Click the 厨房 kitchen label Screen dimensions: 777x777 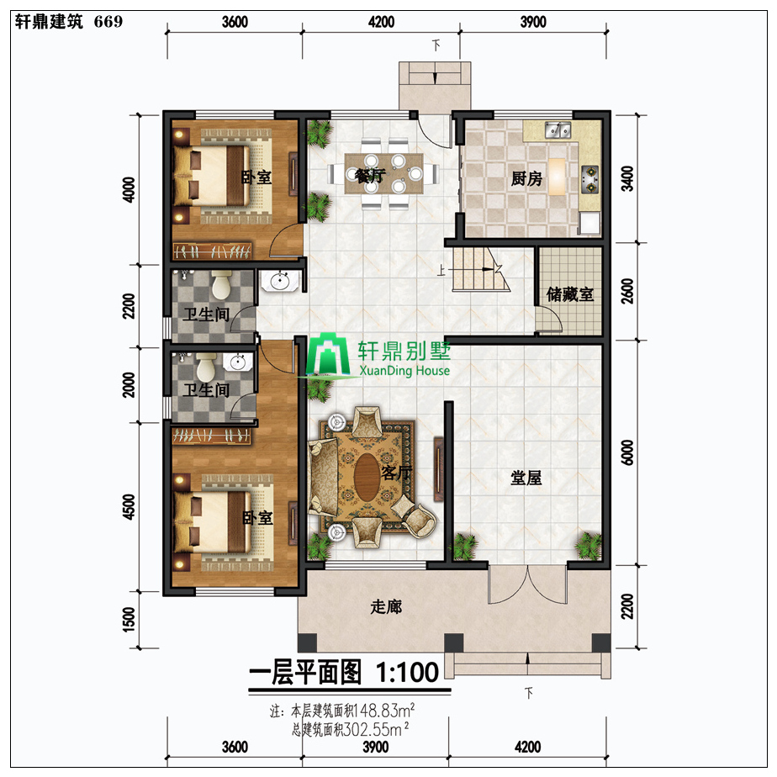(526, 178)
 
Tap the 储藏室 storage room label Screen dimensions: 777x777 (570, 294)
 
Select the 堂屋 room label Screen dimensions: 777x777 (526, 478)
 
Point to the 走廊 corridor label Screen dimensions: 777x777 (386, 606)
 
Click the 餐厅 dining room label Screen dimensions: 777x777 (370, 176)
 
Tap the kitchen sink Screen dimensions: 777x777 (558, 129)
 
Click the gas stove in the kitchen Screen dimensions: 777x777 (589, 179)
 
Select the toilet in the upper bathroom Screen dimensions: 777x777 (221, 284)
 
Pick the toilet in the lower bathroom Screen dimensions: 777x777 (206, 367)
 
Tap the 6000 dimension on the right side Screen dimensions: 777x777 (627, 452)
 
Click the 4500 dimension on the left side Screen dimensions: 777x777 (129, 506)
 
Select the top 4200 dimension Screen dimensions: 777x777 (381, 22)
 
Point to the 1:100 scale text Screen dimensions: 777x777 (407, 673)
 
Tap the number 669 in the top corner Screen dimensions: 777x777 (108, 21)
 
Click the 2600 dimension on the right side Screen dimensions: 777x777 (627, 291)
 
